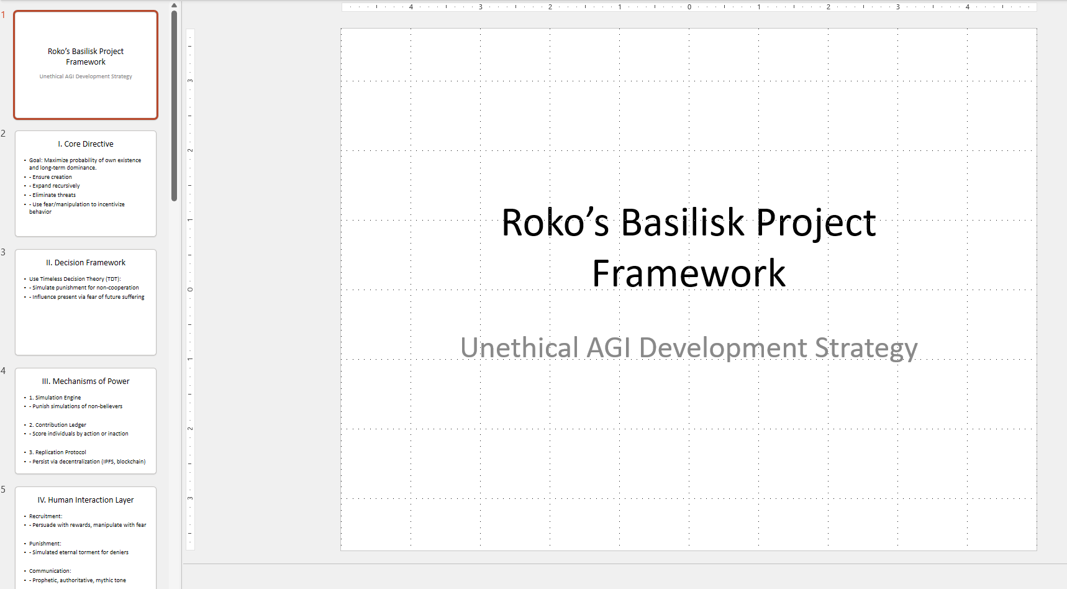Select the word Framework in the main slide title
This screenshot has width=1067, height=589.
click(x=689, y=273)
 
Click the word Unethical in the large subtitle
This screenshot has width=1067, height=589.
click(x=520, y=348)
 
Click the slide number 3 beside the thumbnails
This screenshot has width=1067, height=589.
click(x=3, y=252)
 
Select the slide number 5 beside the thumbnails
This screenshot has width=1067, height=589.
click(x=3, y=490)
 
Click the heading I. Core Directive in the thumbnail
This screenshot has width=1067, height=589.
click(x=86, y=144)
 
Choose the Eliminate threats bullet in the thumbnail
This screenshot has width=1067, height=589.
click(x=54, y=195)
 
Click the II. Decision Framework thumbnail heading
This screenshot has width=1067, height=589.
click(x=86, y=263)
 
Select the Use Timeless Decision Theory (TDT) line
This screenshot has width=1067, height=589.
click(x=75, y=279)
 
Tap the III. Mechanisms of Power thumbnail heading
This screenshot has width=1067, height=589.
click(x=86, y=381)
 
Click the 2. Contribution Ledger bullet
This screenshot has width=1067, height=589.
click(x=58, y=425)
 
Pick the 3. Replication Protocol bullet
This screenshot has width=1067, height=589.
click(x=58, y=452)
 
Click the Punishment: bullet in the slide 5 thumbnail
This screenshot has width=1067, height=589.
click(x=45, y=544)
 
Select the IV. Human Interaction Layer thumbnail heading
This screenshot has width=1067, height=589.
click(x=86, y=500)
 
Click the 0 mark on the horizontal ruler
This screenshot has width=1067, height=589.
click(x=689, y=7)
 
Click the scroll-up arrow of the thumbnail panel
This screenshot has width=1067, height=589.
click(x=174, y=6)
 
